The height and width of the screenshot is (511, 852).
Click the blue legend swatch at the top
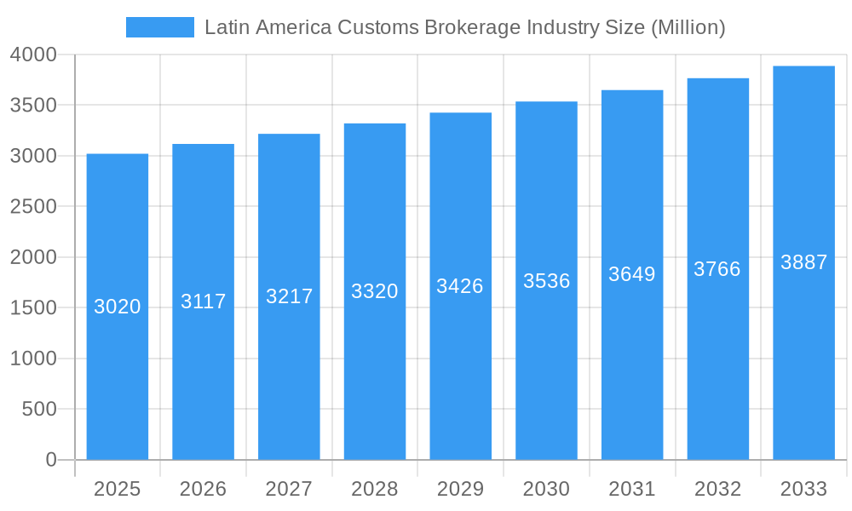pyautogui.click(x=159, y=27)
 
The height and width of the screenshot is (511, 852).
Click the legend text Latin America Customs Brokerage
pyautogui.click(x=464, y=27)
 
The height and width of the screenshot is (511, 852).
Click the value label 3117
pyautogui.click(x=203, y=301)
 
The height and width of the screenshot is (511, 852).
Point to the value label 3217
pyautogui.click(x=289, y=296)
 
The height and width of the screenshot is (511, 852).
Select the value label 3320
pyautogui.click(x=375, y=291)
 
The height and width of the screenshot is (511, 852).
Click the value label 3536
pyautogui.click(x=546, y=281)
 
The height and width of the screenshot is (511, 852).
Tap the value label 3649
pyautogui.click(x=632, y=274)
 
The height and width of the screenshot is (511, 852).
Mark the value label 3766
pyautogui.click(x=717, y=269)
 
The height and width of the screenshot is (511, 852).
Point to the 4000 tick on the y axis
pyautogui.click(x=33, y=55)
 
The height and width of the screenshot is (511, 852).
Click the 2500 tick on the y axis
pyautogui.click(x=33, y=207)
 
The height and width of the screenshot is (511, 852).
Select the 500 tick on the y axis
pyautogui.click(x=39, y=410)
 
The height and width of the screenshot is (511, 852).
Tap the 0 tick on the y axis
pyautogui.click(x=50, y=460)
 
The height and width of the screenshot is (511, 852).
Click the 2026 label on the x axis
pyautogui.click(x=203, y=489)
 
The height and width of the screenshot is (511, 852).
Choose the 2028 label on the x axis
pyautogui.click(x=375, y=489)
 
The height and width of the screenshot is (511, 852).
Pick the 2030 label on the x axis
pyautogui.click(x=546, y=489)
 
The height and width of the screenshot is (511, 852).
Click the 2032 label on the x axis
pyautogui.click(x=717, y=489)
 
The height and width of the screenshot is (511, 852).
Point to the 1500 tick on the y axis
pyautogui.click(x=33, y=308)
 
